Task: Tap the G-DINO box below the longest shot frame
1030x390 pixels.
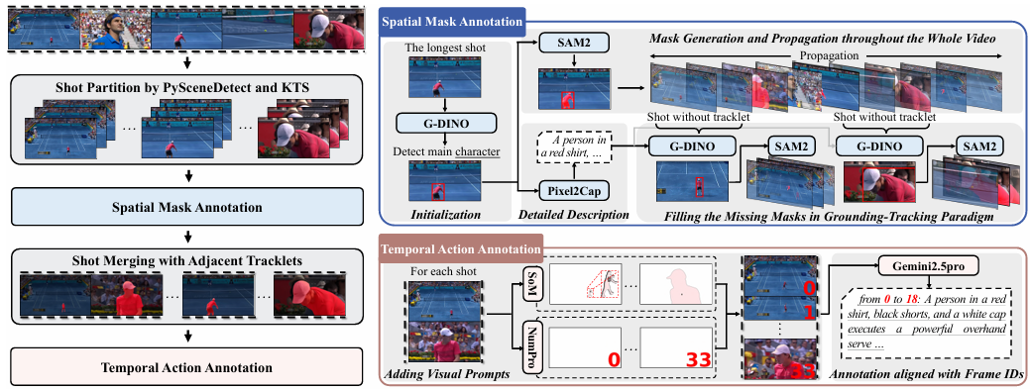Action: coord(445,123)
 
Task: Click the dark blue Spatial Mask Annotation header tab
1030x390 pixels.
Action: coord(453,22)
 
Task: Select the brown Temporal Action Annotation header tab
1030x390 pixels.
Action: coord(461,249)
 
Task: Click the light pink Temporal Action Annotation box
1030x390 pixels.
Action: coord(188,367)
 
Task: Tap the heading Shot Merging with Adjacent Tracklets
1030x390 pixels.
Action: coord(188,260)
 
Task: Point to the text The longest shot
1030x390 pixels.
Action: coord(445,49)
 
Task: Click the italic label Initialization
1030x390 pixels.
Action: coord(445,215)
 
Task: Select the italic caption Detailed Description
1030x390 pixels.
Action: coord(570,215)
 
